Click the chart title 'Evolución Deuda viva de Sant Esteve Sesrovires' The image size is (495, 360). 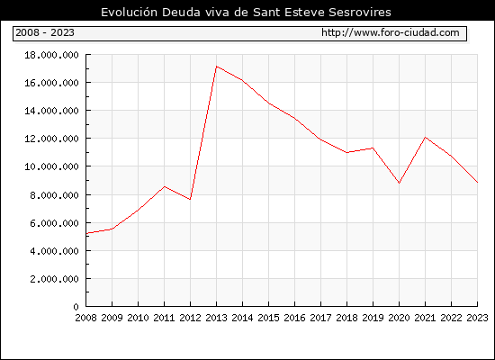coord(246,13)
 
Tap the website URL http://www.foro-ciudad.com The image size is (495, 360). coord(391,32)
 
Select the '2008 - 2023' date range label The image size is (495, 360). coord(45,32)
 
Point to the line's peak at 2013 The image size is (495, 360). coord(216,67)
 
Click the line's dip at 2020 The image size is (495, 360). coord(399,183)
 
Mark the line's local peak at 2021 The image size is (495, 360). coord(425,137)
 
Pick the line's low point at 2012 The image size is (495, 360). coord(190,199)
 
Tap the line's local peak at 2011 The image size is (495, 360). coord(164,186)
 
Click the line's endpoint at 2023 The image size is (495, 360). coord(477,182)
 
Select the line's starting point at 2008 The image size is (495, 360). coord(86,233)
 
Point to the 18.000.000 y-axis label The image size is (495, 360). coord(52,55)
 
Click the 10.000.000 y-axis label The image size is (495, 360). coord(52,166)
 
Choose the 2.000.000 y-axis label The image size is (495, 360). coord(54,279)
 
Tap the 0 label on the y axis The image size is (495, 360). coord(76,307)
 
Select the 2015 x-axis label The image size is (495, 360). coord(268,318)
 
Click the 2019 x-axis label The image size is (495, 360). coord(373,318)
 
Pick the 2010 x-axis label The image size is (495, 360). coord(138,318)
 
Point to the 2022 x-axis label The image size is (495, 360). coord(451,318)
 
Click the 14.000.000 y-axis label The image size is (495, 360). coord(52,111)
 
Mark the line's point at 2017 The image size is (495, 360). coord(320,139)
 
